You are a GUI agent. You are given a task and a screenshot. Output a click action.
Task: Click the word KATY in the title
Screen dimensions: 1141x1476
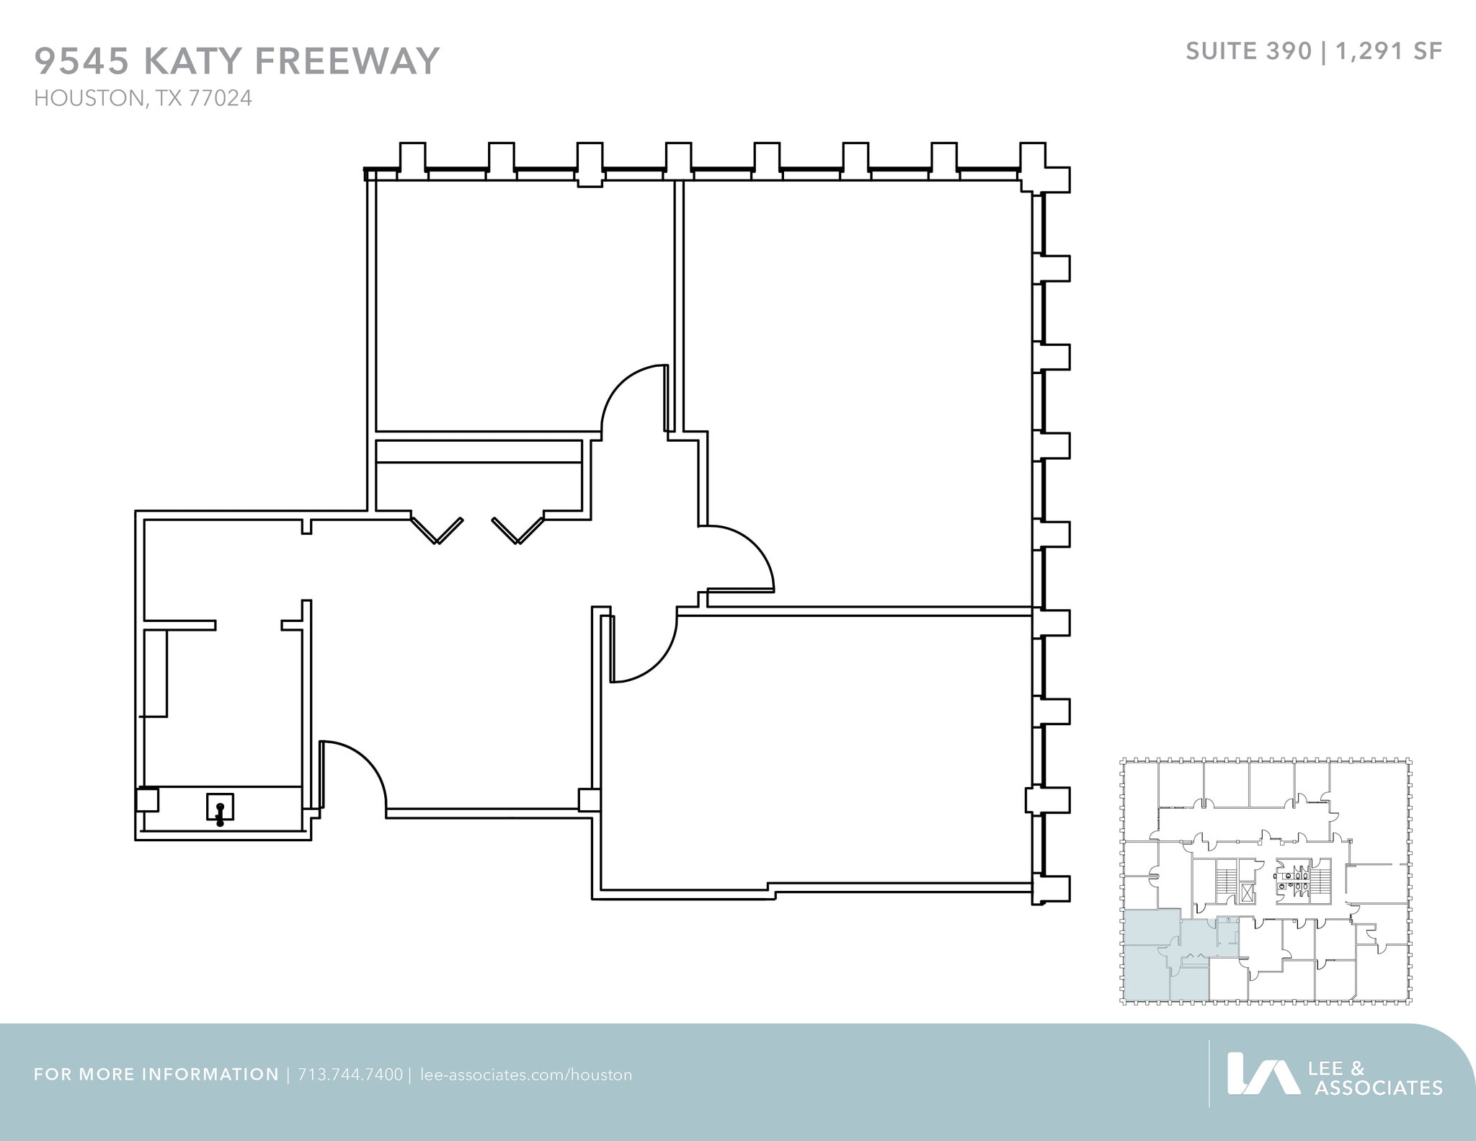[x=192, y=61]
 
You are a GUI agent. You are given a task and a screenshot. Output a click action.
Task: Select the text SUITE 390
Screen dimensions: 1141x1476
[x=1248, y=51]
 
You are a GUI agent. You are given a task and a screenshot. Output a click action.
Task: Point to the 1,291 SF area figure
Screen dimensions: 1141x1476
[x=1389, y=51]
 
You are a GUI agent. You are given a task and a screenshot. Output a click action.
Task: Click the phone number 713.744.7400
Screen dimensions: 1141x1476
[x=350, y=1075]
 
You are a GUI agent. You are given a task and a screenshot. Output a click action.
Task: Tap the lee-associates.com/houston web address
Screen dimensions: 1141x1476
[x=525, y=1075]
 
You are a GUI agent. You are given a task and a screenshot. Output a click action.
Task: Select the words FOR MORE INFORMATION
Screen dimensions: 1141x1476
[x=156, y=1075]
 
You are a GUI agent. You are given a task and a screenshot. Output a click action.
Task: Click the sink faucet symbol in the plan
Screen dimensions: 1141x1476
[x=220, y=810]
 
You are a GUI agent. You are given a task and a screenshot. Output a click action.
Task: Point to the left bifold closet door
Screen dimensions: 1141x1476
[x=436, y=530]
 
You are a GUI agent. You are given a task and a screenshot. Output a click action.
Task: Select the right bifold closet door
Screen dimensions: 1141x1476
[x=518, y=530]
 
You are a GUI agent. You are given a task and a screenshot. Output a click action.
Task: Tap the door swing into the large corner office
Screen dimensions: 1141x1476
[x=739, y=559]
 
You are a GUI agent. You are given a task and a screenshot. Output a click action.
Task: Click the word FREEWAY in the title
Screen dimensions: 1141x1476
[x=346, y=61]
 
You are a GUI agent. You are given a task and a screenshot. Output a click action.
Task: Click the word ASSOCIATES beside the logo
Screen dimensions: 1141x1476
[x=1378, y=1088]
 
